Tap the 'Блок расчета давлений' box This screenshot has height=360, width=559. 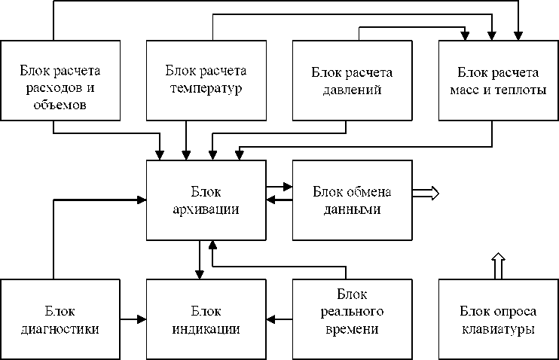point(352,79)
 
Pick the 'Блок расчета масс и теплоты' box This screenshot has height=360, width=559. point(498,79)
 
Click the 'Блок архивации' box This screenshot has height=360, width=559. point(206,199)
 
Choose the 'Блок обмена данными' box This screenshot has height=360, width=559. point(352,199)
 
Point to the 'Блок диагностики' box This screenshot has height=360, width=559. point(60,319)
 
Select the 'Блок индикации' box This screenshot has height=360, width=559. point(206,319)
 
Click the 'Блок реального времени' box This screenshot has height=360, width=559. point(352,319)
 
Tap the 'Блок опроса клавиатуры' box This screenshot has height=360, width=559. point(498,319)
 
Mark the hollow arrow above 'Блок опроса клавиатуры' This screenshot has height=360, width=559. point(497,266)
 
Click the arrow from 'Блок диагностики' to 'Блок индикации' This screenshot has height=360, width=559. point(133,319)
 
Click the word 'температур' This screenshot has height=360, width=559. point(206,88)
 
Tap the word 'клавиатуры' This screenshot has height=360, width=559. point(498,329)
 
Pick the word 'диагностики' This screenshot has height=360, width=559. point(60,329)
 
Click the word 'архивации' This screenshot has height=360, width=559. point(206,209)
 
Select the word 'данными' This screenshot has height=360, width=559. point(352,209)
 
